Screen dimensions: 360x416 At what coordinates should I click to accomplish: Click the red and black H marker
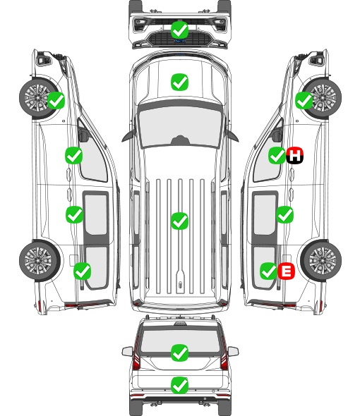coord(294,155)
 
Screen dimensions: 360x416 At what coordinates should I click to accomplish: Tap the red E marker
coord(286,271)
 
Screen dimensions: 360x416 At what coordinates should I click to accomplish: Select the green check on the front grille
coord(180,30)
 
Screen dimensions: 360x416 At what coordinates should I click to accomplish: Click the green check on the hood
coord(180,82)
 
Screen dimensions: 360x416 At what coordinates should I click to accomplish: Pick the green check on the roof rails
coord(180,221)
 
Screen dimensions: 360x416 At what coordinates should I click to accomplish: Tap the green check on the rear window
coord(180,353)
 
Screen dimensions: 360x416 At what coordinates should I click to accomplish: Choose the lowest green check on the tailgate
coord(180,385)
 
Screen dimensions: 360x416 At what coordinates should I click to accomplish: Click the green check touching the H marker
coord(277,155)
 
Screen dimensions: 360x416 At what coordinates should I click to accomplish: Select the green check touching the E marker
coord(269,271)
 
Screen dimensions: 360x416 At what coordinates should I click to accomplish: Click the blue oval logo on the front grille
coord(180,41)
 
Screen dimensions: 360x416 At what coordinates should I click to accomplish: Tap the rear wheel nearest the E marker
coord(321,260)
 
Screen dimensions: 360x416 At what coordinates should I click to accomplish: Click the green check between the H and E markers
coord(284,214)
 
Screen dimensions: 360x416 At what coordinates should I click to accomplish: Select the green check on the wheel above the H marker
coord(304,101)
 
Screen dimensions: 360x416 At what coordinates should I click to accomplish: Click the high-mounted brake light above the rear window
coord(180,323)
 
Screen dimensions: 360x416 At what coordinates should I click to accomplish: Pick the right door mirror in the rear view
coord(233,352)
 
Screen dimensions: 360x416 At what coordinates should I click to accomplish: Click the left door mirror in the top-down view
coord(128,135)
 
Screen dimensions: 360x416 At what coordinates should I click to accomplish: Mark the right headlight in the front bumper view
coord(220,24)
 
